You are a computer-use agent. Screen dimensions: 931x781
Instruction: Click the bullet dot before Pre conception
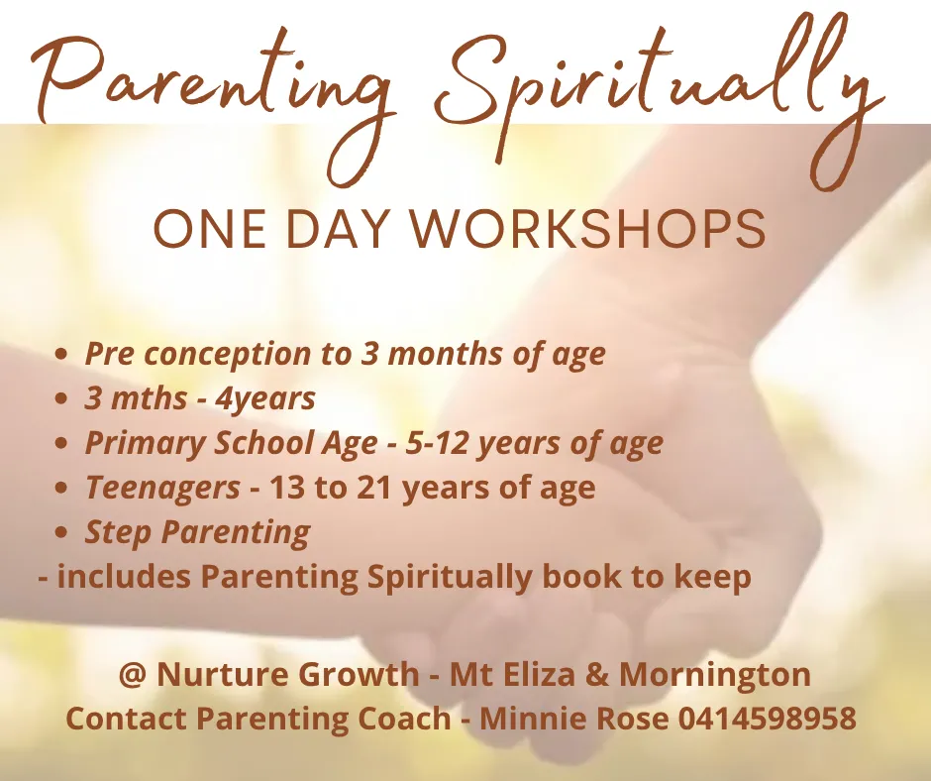pyautogui.click(x=60, y=355)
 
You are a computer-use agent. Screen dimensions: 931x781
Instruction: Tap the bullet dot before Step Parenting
pyautogui.click(x=60, y=532)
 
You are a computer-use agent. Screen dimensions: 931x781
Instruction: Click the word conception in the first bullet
pyautogui.click(x=227, y=355)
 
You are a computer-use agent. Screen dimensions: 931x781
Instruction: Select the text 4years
pyautogui.click(x=264, y=398)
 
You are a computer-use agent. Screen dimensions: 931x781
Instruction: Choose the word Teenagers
pyautogui.click(x=162, y=488)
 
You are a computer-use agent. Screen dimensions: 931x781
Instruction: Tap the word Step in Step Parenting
pyautogui.click(x=118, y=532)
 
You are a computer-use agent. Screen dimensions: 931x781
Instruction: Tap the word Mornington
pyautogui.click(x=715, y=676)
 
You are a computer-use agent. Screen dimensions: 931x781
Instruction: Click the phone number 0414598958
pyautogui.click(x=768, y=719)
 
